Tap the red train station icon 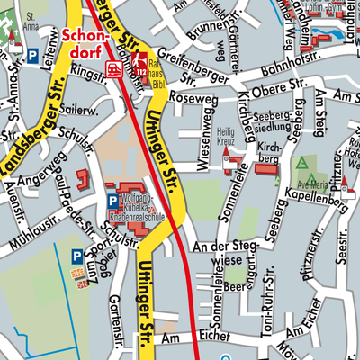[114, 68]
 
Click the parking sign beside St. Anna [33, 56]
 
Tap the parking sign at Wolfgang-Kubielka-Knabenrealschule [112, 200]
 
